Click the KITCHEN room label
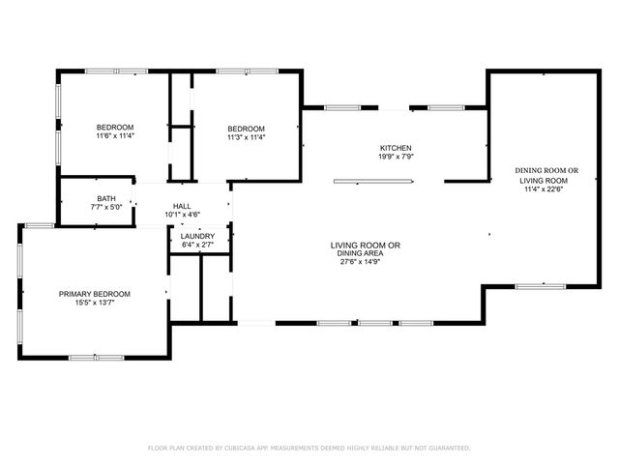coord(395,147)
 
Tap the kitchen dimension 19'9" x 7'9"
coord(395,156)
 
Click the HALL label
coord(182,206)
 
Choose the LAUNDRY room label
coord(198,236)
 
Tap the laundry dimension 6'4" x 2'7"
coord(198,245)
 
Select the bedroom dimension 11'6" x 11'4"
coord(114,136)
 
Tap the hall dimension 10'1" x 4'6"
coord(182,215)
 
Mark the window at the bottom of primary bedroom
coord(96,358)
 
